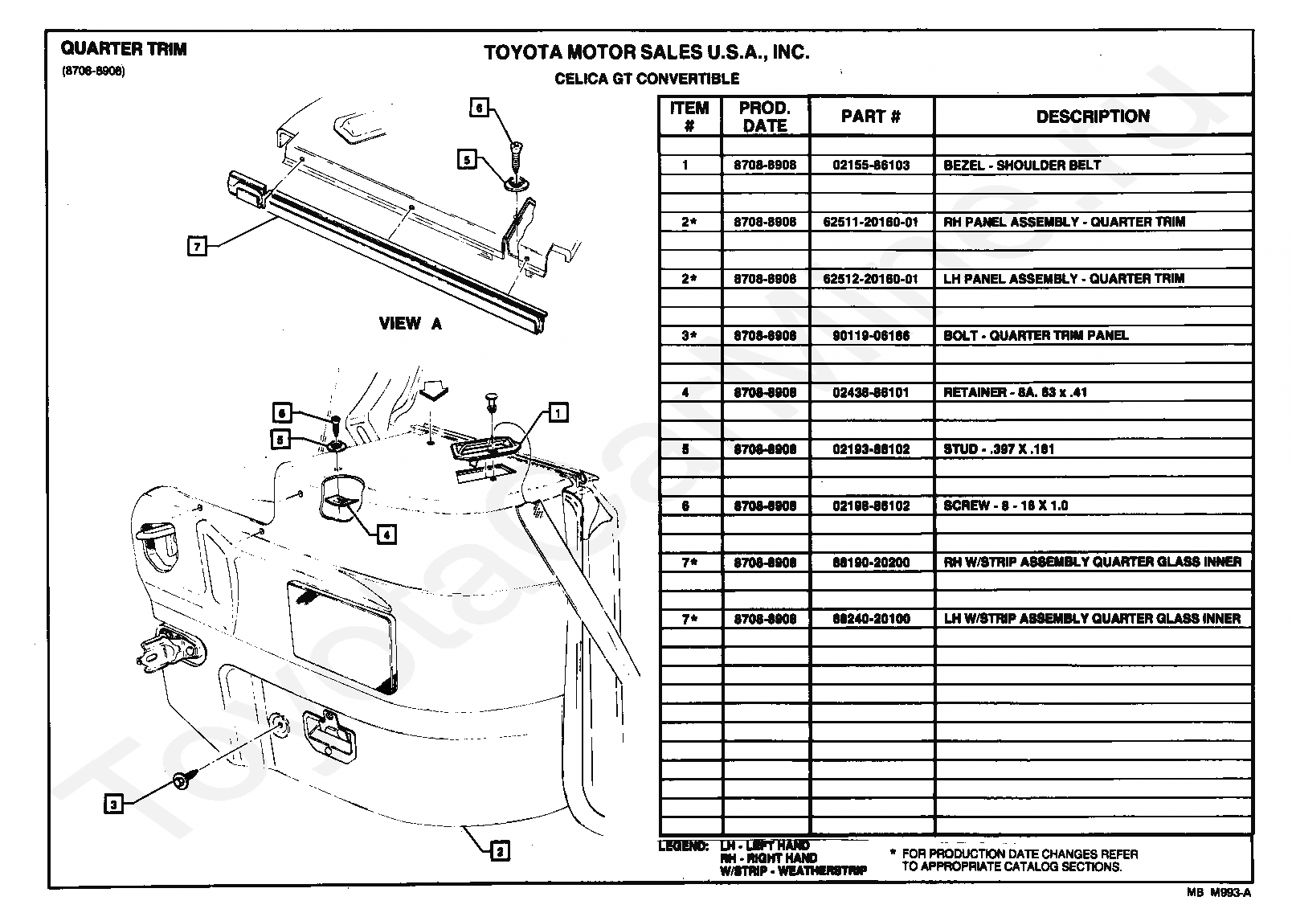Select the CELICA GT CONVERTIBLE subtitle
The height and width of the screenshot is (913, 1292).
tap(647, 79)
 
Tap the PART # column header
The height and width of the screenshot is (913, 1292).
tap(871, 117)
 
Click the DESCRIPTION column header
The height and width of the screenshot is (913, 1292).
tap(1092, 117)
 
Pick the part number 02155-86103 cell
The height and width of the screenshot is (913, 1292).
tap(871, 166)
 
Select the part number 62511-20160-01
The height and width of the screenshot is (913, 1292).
tap(871, 222)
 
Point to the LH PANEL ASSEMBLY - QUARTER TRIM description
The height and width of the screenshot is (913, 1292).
tap(1064, 279)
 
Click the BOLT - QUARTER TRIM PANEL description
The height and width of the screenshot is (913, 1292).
tap(1036, 335)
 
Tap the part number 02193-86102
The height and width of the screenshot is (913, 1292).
tap(871, 449)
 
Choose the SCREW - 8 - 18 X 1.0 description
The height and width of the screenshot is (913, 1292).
tap(1005, 506)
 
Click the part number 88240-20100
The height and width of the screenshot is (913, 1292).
tap(871, 619)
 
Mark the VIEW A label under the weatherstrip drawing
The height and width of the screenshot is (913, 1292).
tap(410, 324)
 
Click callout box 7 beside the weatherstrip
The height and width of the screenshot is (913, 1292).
tap(196, 246)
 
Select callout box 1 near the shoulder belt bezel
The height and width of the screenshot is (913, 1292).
tap(557, 413)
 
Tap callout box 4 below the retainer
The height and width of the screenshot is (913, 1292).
tap(386, 533)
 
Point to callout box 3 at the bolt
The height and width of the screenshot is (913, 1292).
tap(114, 803)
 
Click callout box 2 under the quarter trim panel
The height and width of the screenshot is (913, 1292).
tap(499, 851)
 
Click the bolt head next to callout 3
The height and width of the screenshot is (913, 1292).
tap(180, 779)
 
